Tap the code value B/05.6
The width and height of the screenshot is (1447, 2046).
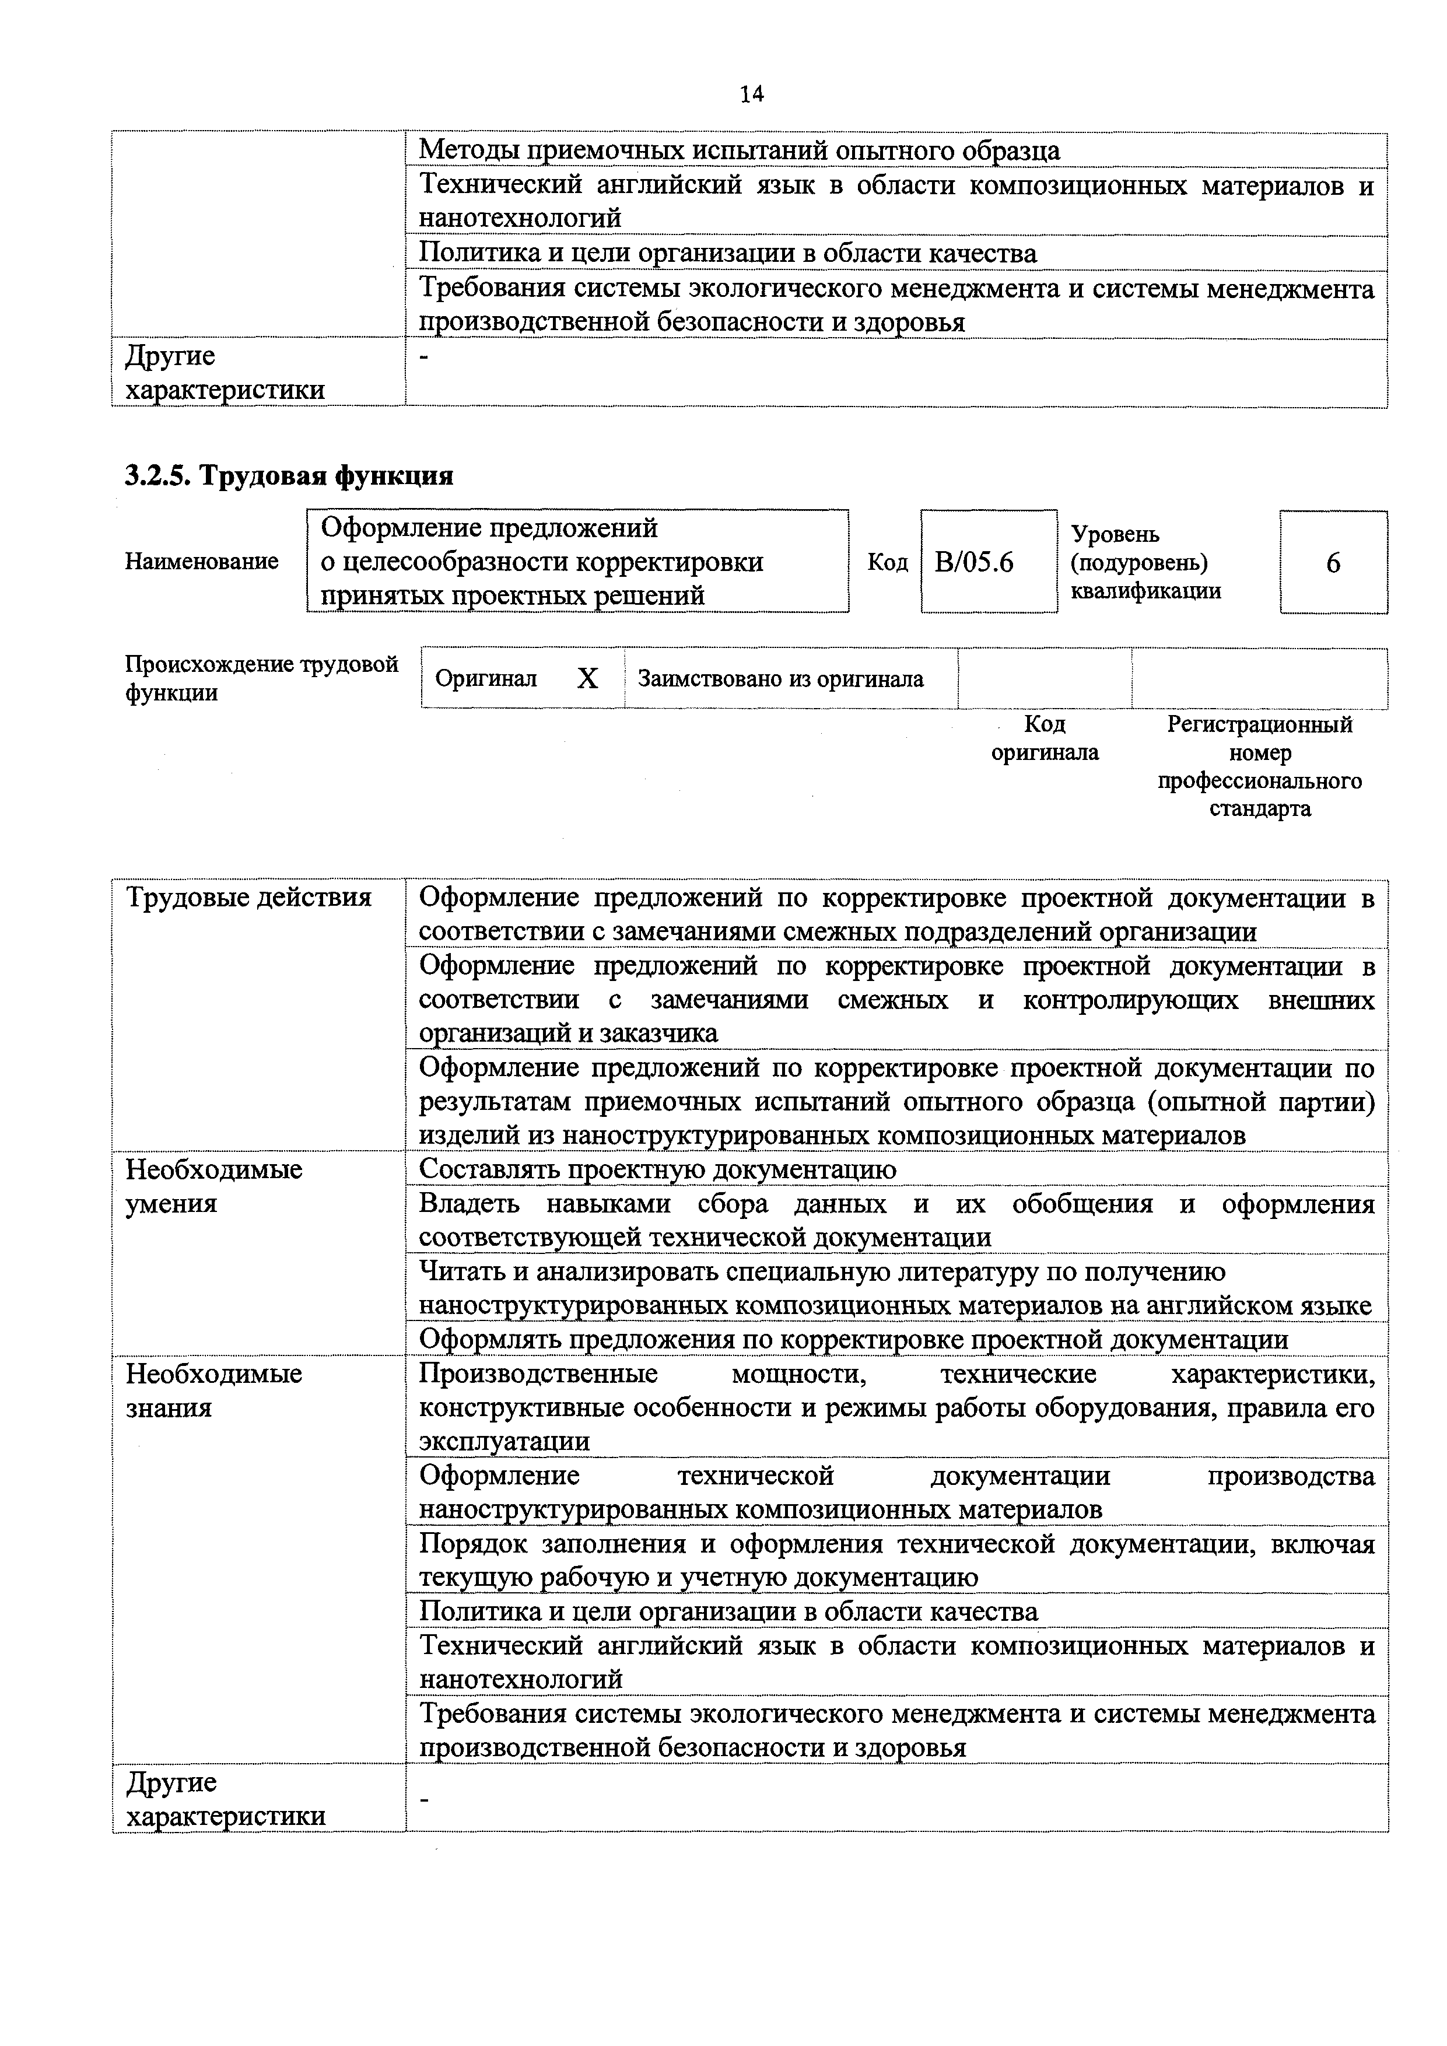click(974, 562)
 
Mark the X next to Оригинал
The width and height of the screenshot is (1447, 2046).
click(587, 679)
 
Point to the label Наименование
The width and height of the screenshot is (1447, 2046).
click(201, 562)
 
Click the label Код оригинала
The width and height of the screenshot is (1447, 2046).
click(1045, 738)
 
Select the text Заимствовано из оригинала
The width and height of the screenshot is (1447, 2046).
click(780, 679)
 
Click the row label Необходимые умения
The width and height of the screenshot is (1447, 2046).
click(215, 1186)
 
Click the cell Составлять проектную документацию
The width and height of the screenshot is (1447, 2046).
click(657, 1169)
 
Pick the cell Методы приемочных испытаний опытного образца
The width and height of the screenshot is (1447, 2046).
click(740, 150)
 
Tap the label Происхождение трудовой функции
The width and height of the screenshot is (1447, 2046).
click(261, 678)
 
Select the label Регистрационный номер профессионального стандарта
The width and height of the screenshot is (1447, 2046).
click(1260, 766)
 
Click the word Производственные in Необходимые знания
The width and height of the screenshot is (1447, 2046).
click(538, 1374)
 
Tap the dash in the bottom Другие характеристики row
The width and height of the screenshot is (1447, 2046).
click(425, 1801)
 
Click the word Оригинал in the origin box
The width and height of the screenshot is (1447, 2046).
click(486, 679)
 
